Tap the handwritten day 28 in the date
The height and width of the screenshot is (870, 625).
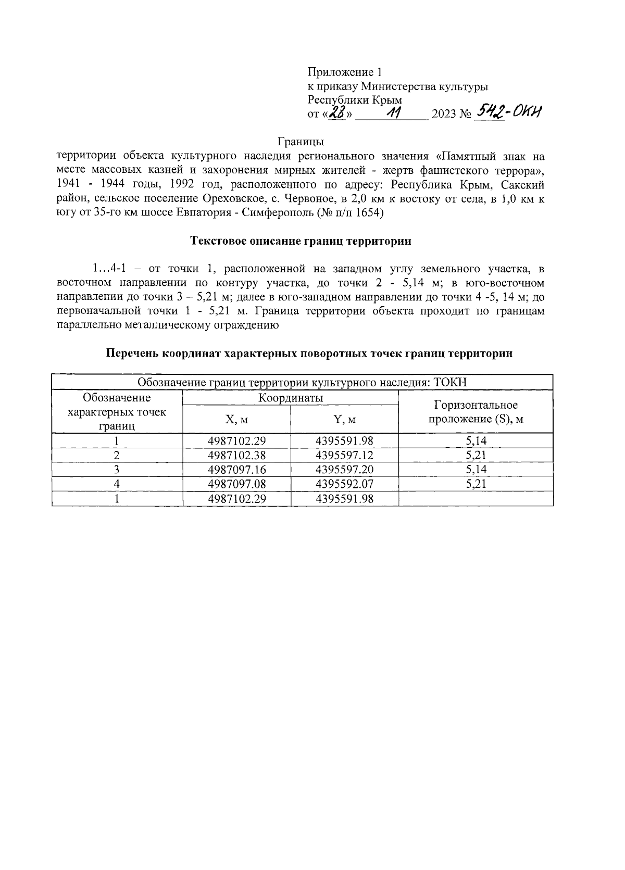point(339,112)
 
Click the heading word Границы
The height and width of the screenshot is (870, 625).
point(301,142)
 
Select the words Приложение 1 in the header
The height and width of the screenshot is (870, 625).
point(345,72)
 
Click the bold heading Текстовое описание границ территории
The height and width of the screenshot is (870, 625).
point(301,241)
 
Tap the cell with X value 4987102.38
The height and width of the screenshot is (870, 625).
point(236,455)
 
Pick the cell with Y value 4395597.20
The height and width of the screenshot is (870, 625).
point(344,470)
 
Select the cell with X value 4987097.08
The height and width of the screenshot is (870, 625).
point(236,484)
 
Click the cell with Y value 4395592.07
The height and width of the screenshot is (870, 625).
point(344,484)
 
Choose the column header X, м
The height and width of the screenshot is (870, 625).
point(236,419)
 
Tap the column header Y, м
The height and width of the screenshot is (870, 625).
point(344,419)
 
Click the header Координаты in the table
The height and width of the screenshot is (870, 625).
point(291,398)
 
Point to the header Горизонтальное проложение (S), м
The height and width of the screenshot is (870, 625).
point(476,412)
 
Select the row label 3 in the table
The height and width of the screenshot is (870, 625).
point(117,470)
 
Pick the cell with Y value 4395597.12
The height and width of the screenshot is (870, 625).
point(344,455)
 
